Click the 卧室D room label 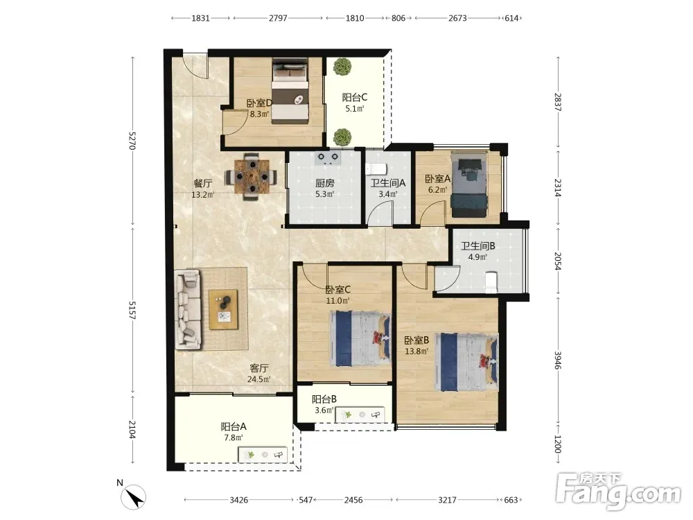tap(259, 103)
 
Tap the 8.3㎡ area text tap(259, 114)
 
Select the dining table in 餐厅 tap(252, 177)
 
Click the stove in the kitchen tap(328, 158)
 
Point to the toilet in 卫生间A tap(376, 169)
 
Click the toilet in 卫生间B tap(491, 282)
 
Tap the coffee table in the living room tap(223, 309)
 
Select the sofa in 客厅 tap(188, 309)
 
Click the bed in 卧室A tap(469, 185)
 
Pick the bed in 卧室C tap(360, 339)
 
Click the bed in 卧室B tap(466, 362)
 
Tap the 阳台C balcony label tap(354, 97)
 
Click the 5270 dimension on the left tap(131, 139)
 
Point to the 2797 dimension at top tap(278, 18)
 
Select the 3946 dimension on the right tap(558, 361)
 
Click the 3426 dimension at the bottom tap(238, 500)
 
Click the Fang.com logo tap(618, 491)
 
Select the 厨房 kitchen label tap(325, 182)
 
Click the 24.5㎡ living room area tap(259, 379)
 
